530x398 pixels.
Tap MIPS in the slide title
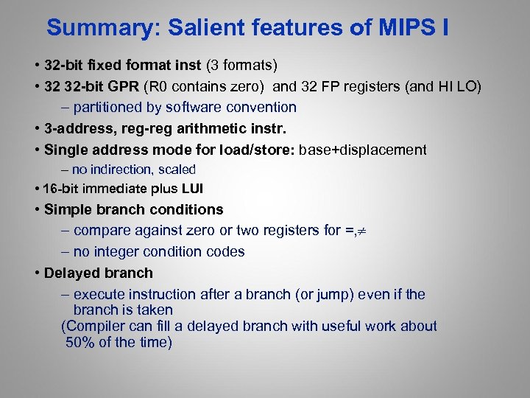[407, 29]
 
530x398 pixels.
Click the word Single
[66, 150]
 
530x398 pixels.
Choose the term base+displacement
[362, 150]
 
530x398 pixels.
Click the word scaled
[179, 170]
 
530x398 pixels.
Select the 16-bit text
[60, 189]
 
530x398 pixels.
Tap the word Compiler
[96, 326]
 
